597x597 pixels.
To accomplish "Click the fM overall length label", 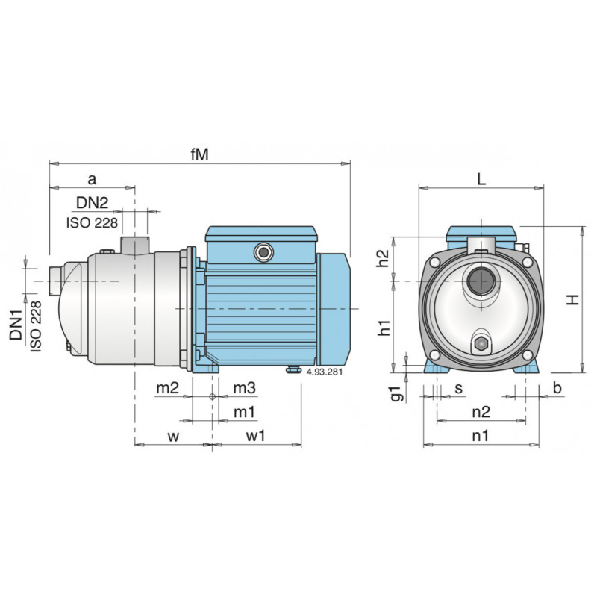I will (x=199, y=154).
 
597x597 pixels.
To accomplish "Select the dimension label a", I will (x=92, y=179).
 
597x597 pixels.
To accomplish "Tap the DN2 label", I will (x=92, y=203).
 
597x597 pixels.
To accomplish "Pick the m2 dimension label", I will (x=167, y=389).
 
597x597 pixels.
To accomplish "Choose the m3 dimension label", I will (x=245, y=389).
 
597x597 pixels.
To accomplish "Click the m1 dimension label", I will (x=245, y=413).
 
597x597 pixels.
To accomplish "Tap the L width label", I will (x=481, y=179).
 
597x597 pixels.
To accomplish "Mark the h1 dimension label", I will (x=384, y=325).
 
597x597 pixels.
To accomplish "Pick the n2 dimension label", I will (x=481, y=412).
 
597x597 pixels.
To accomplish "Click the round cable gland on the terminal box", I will (x=263, y=252).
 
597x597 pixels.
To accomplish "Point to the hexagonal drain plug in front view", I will (x=480, y=345).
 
